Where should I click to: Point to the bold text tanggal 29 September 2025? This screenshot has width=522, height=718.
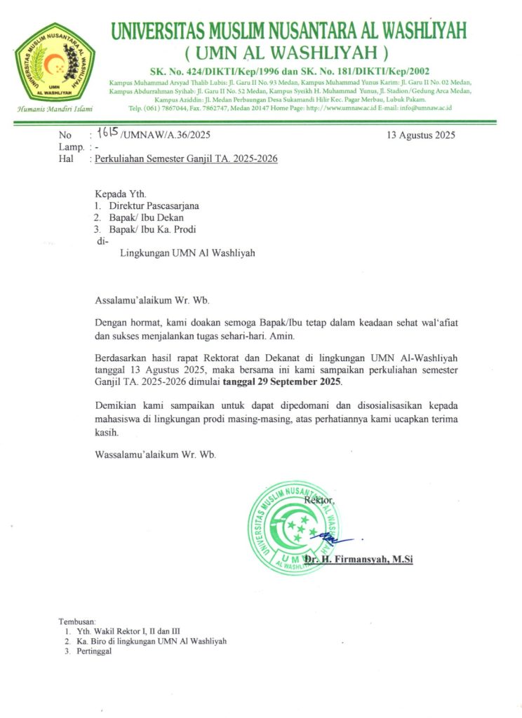(282, 382)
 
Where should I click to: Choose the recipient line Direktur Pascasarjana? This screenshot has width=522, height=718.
(154, 206)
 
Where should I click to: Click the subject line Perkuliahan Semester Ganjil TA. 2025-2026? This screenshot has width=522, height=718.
(187, 159)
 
